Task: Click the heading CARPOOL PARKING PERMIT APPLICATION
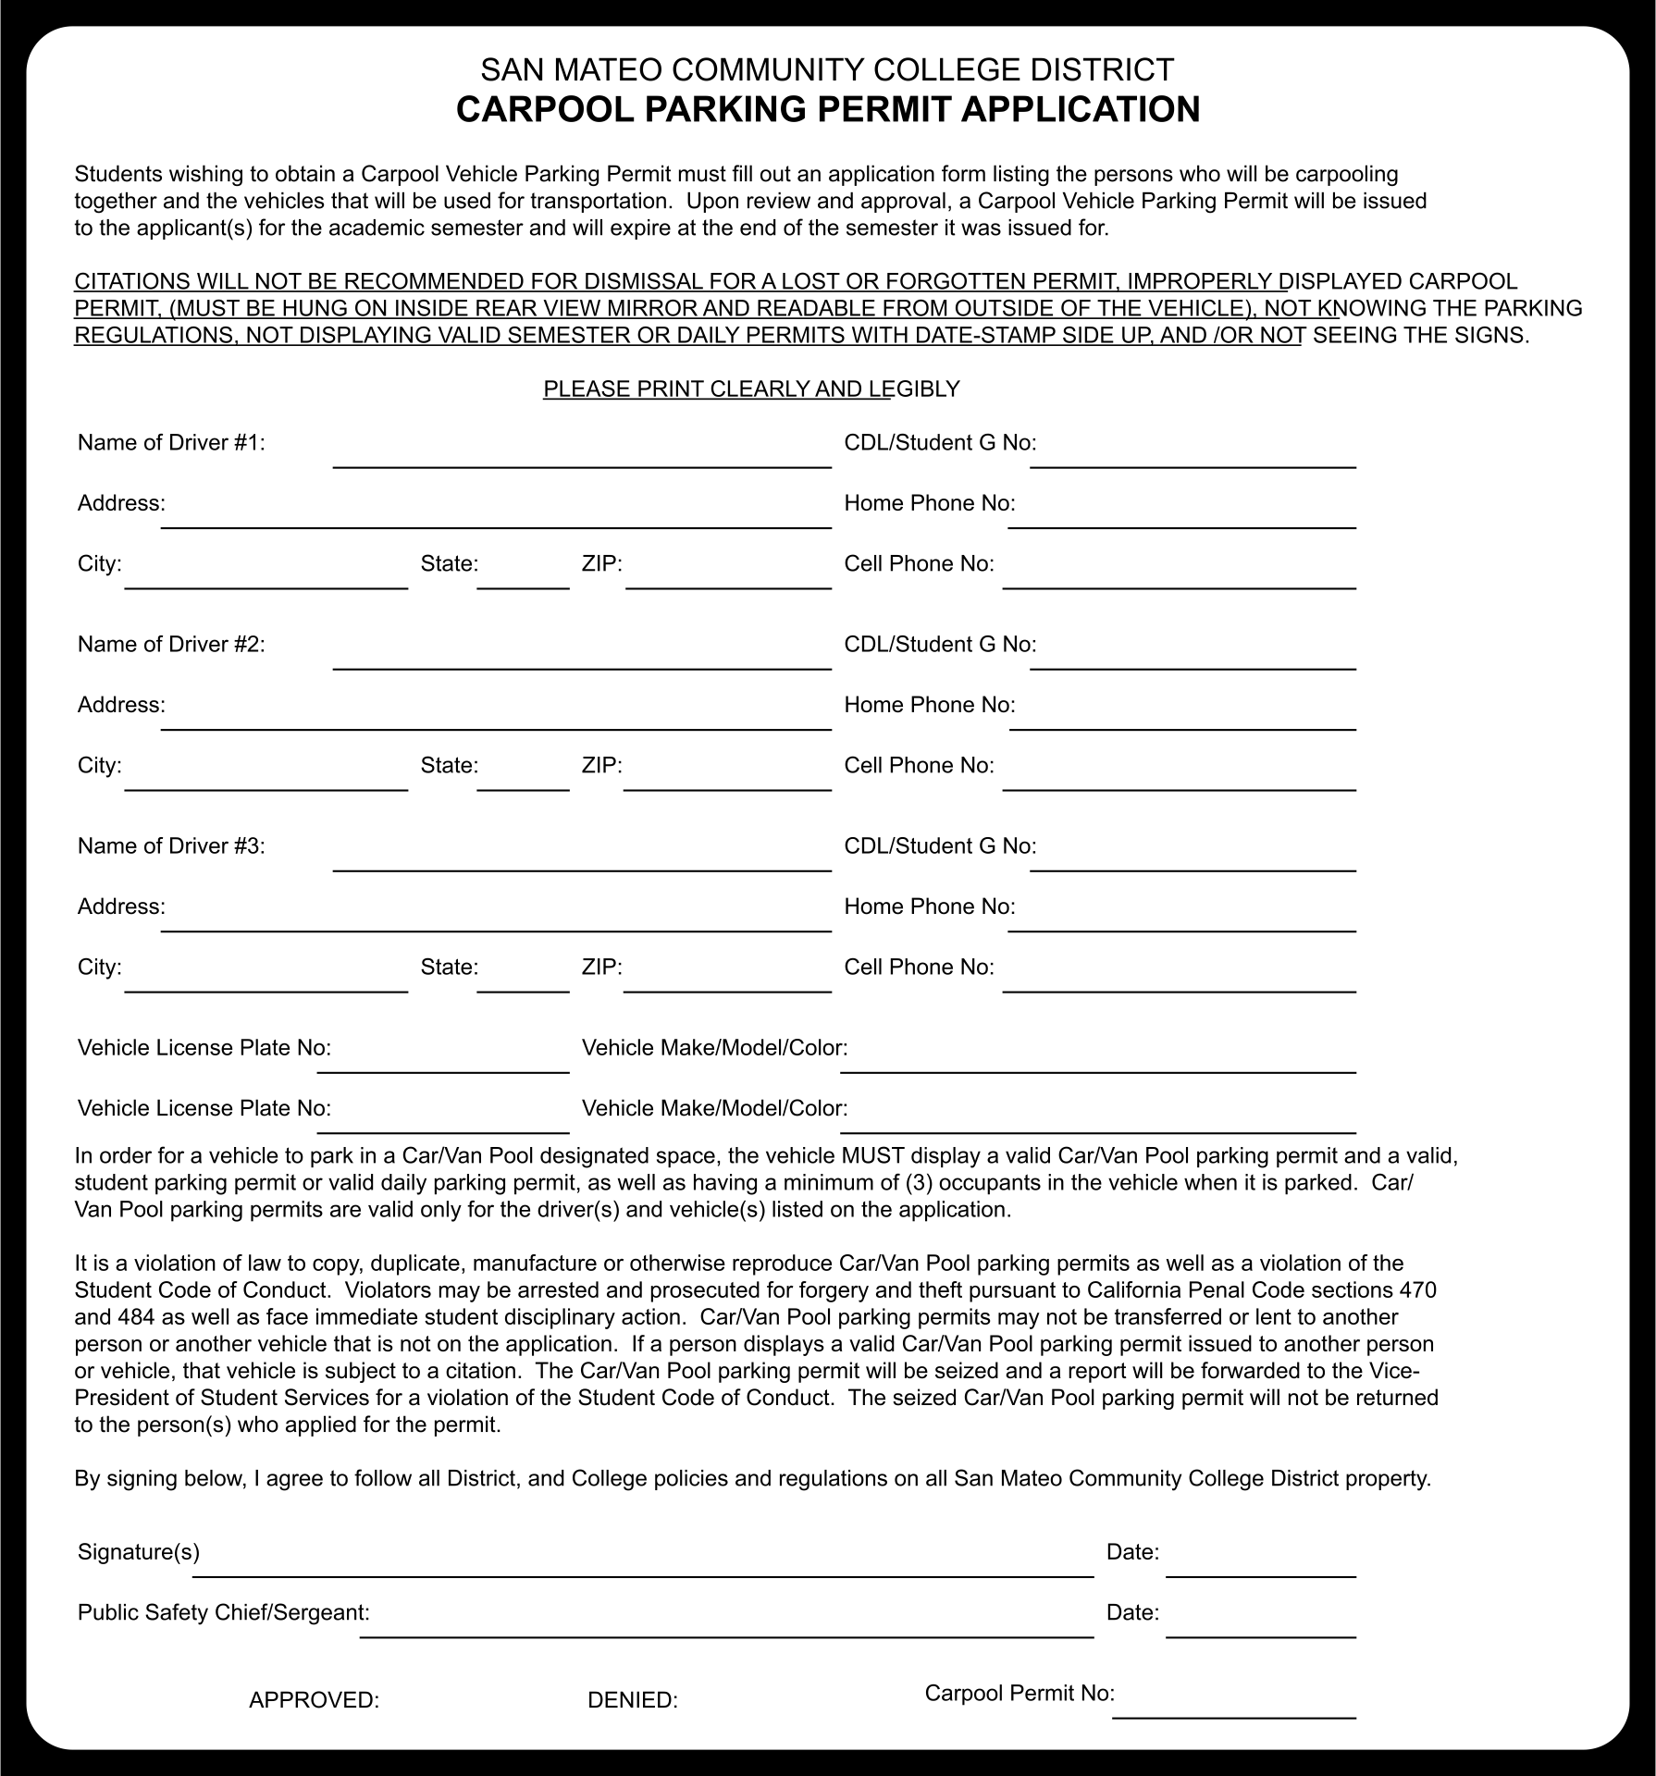tap(827, 109)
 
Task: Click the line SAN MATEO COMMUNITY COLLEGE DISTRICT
tap(827, 69)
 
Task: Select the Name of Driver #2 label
tap(171, 645)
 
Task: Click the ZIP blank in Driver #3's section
tap(727, 980)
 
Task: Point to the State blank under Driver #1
tap(523, 577)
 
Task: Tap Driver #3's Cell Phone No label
tap(919, 968)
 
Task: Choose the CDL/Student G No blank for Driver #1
tap(1193, 457)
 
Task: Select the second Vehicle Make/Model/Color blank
tap(1097, 1121)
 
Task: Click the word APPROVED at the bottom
tap(314, 1700)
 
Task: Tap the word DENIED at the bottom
tap(633, 1700)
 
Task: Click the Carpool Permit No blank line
tap(1233, 1707)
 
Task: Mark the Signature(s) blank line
tap(642, 1564)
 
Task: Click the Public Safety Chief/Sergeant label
tap(223, 1613)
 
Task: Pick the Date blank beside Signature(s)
tap(1260, 1564)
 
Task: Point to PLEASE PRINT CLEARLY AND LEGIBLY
tap(751, 389)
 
